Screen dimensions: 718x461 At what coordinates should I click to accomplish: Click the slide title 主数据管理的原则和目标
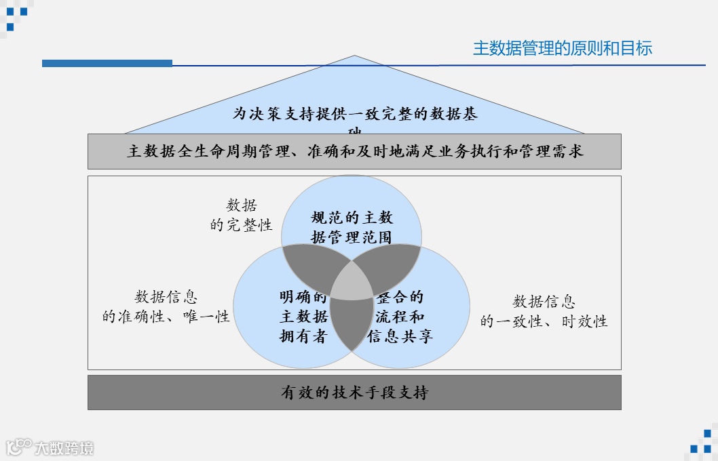point(562,49)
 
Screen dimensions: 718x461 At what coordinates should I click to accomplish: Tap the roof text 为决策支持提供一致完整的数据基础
point(355,115)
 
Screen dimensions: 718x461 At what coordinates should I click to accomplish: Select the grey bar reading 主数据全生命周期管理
point(354,151)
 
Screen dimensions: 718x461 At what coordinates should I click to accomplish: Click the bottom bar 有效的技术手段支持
point(354,393)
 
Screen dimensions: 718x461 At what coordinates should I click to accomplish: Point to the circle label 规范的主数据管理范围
point(352,227)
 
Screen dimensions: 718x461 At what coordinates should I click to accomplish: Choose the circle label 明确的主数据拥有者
point(303,317)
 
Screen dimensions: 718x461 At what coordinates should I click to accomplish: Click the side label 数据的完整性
point(242,216)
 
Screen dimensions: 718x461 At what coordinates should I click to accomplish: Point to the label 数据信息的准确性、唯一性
point(166,306)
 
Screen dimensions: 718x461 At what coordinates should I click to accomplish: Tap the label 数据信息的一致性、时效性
point(544,311)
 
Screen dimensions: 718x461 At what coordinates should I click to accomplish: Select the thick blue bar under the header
point(107,63)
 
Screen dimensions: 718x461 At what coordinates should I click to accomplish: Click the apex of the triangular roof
point(354,57)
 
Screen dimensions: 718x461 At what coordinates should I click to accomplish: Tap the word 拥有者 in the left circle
point(303,336)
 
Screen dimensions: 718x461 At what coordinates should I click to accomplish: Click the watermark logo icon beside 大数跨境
point(19,447)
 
